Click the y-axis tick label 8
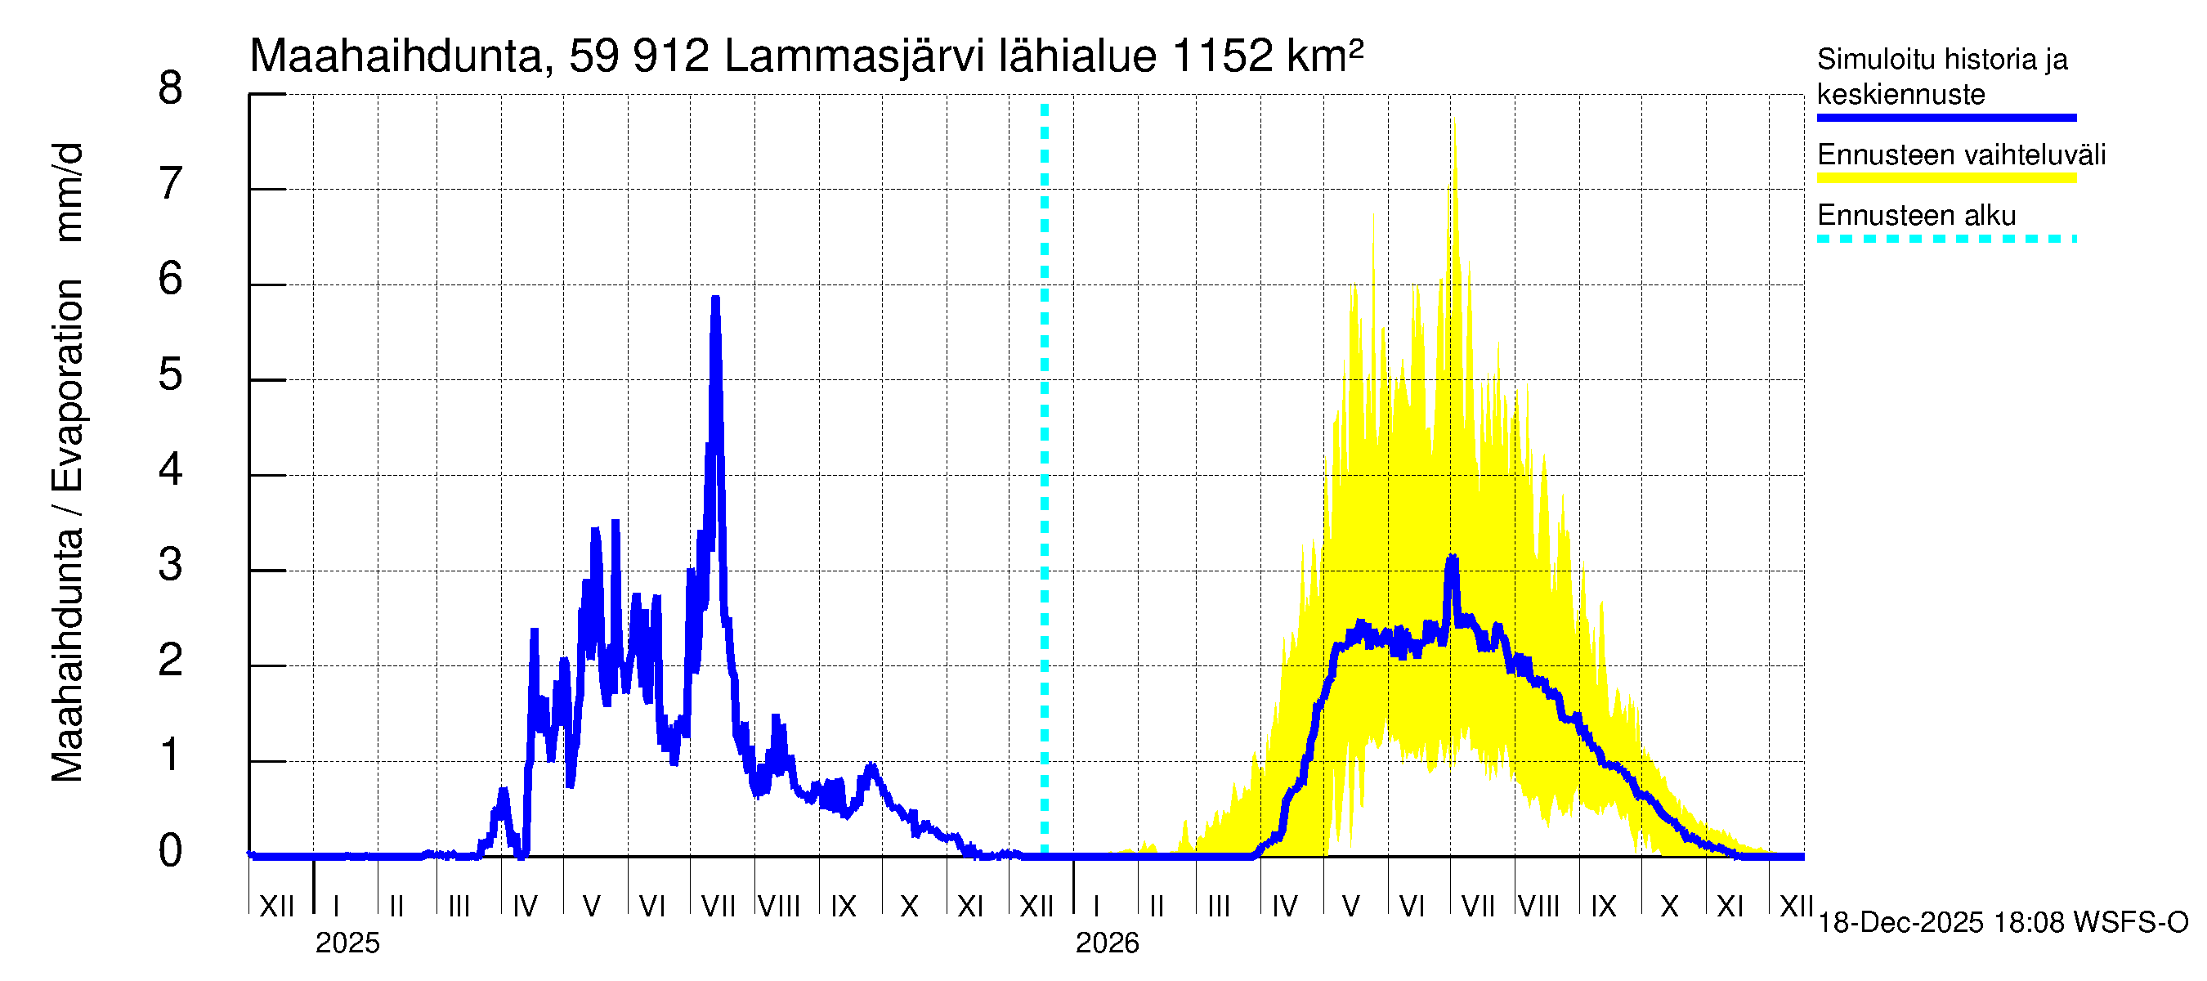pyautogui.click(x=171, y=89)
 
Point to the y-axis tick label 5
pyautogui.click(x=171, y=375)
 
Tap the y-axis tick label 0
pyautogui.click(x=171, y=852)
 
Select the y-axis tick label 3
pyautogui.click(x=171, y=566)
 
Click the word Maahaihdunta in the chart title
pyautogui.click(x=396, y=56)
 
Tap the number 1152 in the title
pyautogui.click(x=1222, y=56)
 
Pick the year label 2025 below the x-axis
pyautogui.click(x=347, y=943)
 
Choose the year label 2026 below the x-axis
pyautogui.click(x=1107, y=943)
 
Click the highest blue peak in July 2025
pyautogui.click(x=715, y=299)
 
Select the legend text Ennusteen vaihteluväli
pyautogui.click(x=1961, y=155)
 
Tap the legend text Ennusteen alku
pyautogui.click(x=1917, y=215)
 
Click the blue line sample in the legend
pyautogui.click(x=1946, y=118)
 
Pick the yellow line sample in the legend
pyautogui.click(x=1946, y=178)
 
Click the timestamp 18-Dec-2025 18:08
pyautogui.click(x=1900, y=923)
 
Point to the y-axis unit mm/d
pyautogui.click(x=68, y=193)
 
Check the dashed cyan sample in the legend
pyautogui.click(x=1946, y=239)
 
